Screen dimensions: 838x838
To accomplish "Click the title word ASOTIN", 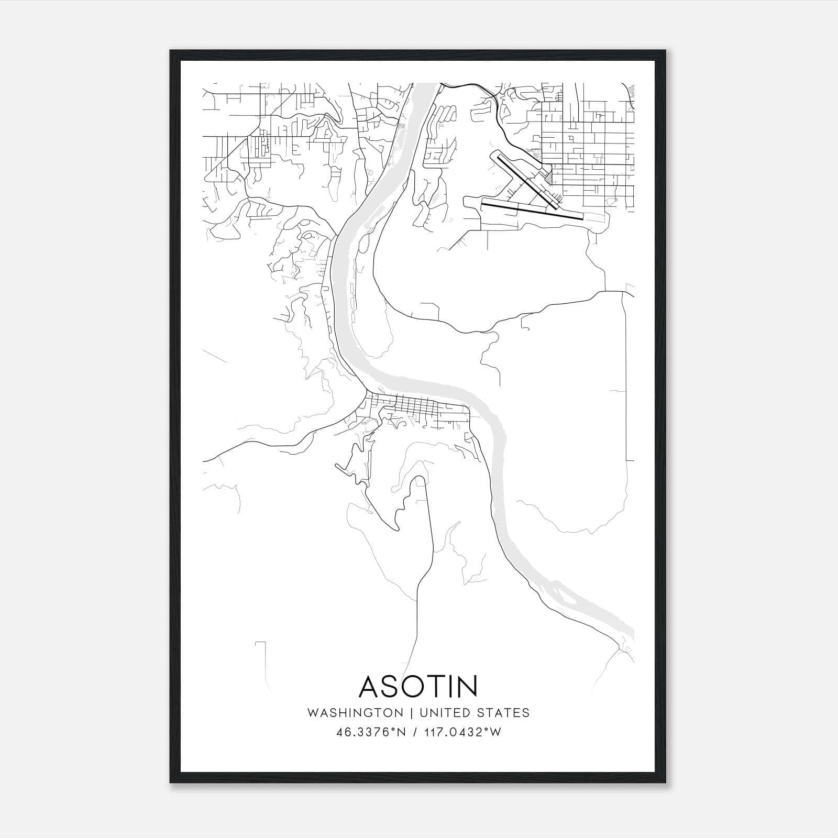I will tap(418, 686).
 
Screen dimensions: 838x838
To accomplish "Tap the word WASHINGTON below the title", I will tap(355, 713).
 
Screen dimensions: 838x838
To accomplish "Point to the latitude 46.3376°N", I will tap(372, 732).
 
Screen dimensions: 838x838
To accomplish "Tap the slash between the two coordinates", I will tap(415, 732).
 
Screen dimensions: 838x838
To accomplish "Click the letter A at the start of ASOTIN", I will tap(371, 686).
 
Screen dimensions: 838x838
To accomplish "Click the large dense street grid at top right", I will tap(587, 147).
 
